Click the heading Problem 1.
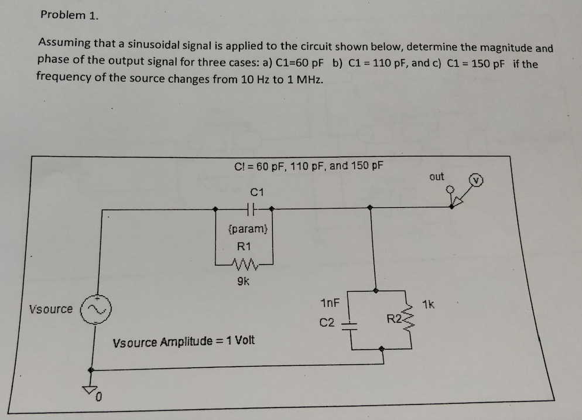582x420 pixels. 69,15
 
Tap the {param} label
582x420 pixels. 247,227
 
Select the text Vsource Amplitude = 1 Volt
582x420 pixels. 183,341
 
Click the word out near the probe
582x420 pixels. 437,176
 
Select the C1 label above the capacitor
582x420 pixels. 258,191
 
